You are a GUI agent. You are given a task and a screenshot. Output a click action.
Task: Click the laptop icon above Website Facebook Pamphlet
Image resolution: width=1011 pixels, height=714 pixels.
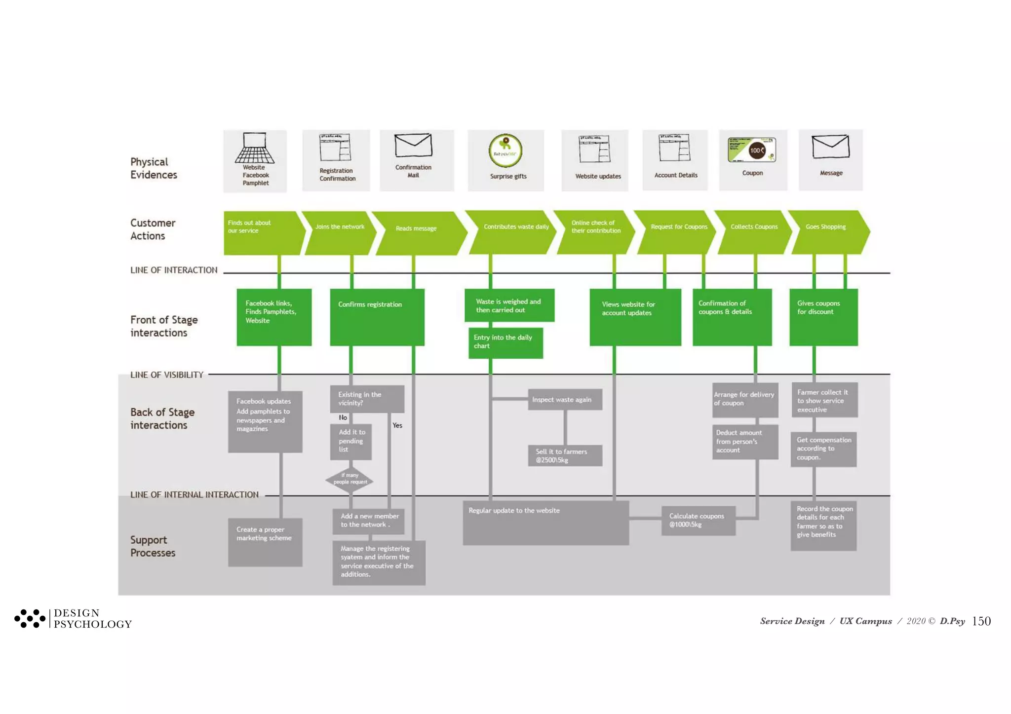[255, 148]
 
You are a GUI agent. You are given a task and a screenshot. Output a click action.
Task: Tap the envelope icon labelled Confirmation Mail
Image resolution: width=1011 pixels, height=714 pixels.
[413, 146]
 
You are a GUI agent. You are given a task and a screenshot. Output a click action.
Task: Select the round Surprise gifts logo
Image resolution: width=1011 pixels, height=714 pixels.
[505, 151]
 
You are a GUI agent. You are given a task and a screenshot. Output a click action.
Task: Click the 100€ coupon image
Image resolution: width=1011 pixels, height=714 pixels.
[752, 150]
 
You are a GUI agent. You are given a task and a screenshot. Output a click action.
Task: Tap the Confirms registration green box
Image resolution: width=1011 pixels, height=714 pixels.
[377, 317]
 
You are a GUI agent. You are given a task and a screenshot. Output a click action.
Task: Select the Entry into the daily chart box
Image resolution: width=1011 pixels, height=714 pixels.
[505, 342]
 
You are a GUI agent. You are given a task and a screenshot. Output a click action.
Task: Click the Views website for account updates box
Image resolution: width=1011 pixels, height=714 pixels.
[635, 317]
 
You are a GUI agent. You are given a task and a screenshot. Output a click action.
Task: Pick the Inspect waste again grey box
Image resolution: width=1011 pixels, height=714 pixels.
[565, 400]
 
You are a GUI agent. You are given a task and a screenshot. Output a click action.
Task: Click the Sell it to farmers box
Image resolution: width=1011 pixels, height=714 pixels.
[565, 455]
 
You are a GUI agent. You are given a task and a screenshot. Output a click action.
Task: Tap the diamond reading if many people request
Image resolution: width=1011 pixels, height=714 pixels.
[350, 479]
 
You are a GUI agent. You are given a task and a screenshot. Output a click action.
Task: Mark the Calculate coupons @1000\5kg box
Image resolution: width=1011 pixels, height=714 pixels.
[698, 520]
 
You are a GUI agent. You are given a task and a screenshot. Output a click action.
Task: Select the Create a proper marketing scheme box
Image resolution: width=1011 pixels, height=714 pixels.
[265, 542]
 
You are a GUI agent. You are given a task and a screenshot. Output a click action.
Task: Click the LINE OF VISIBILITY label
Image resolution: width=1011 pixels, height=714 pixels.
[166, 375]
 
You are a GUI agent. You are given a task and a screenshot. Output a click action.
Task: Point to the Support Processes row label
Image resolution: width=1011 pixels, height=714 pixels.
[153, 546]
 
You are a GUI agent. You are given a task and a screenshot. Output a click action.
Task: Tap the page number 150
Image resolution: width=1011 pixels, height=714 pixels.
[981, 621]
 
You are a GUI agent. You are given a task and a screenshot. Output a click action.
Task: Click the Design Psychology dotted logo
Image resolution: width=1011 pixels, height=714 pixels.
[30, 618]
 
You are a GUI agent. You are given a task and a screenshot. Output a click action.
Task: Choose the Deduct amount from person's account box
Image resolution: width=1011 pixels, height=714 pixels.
[744, 442]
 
